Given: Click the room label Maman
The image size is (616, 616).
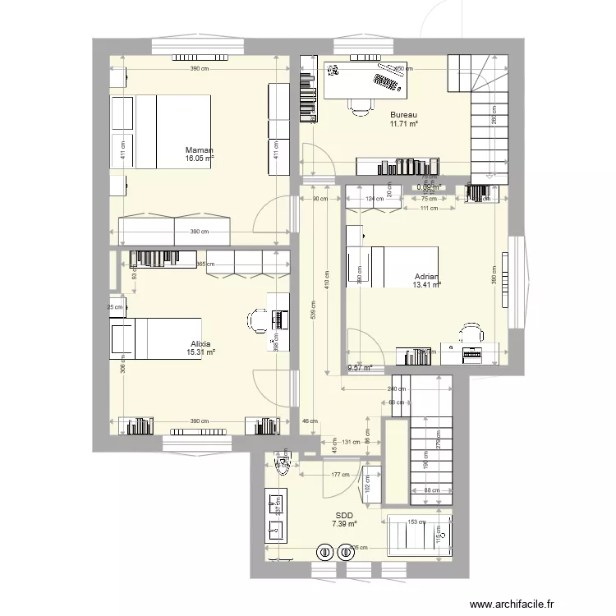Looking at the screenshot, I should [x=200, y=150].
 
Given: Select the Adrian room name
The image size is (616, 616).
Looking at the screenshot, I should [x=426, y=277].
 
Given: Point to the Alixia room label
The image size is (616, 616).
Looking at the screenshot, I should [x=200, y=343].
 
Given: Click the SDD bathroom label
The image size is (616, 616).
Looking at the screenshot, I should [x=343, y=515].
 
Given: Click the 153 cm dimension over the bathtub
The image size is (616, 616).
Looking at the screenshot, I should [x=417, y=522].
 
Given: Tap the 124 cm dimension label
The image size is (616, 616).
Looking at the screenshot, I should [x=375, y=199].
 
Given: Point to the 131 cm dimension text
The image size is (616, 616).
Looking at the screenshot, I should [x=351, y=442].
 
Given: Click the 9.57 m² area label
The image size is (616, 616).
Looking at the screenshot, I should [x=360, y=368].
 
